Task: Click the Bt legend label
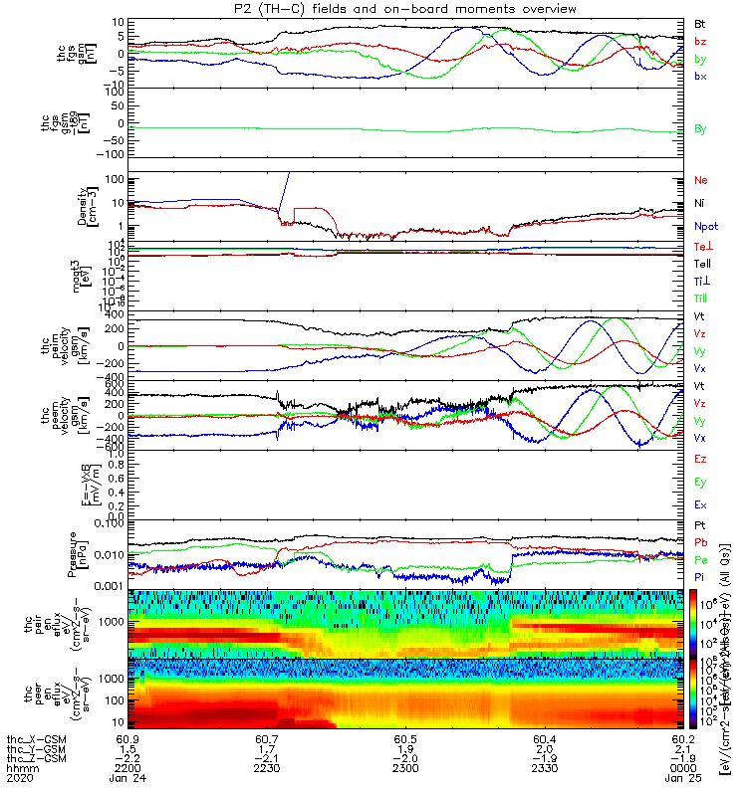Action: [700, 23]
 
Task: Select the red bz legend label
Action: [700, 42]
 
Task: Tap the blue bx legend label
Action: [700, 77]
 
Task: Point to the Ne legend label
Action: [700, 180]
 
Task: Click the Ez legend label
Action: [700, 459]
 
